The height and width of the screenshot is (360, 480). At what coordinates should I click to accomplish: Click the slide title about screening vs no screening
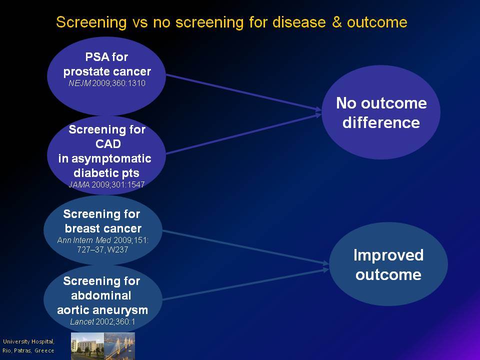click(231, 22)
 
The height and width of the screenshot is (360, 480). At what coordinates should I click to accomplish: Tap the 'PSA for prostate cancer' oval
click(106, 76)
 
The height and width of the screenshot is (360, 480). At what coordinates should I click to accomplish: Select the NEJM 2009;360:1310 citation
click(107, 83)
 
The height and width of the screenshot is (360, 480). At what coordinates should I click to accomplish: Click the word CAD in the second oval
click(108, 144)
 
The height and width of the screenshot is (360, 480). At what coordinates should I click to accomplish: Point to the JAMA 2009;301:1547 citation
click(106, 184)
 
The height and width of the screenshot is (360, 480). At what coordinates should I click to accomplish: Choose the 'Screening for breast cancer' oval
click(103, 230)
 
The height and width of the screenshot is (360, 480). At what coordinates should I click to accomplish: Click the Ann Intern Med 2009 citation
click(103, 245)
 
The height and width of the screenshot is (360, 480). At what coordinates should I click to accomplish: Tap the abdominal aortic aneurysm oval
click(103, 299)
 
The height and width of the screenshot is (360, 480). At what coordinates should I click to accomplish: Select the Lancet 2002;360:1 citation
click(102, 321)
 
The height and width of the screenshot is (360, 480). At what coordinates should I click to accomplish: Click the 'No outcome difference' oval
click(381, 112)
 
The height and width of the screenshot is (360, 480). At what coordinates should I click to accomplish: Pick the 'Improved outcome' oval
click(388, 264)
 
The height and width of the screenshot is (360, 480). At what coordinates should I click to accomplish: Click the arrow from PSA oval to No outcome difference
click(243, 92)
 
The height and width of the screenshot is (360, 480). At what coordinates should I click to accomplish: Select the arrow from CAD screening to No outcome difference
click(243, 133)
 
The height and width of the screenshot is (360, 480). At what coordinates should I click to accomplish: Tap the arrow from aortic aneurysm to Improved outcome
click(246, 284)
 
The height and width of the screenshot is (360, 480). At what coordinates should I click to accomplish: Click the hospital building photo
click(87, 346)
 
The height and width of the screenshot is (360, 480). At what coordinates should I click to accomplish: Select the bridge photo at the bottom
click(119, 346)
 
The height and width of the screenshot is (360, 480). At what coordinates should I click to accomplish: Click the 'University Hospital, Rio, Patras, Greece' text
click(28, 346)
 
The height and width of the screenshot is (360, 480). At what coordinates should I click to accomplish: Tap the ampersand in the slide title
click(336, 22)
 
